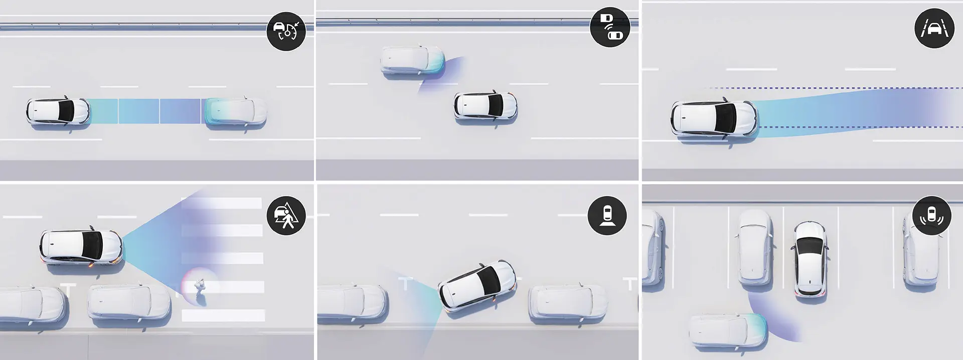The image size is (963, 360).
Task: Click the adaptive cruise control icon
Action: coord(286,31)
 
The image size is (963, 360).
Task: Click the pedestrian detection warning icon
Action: coord(286,216)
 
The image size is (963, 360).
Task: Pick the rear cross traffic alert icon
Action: coord(933,216)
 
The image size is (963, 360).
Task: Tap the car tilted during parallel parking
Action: coord(477,286)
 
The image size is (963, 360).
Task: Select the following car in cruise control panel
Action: coord(58,111)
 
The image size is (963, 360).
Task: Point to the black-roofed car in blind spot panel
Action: coord(485,106)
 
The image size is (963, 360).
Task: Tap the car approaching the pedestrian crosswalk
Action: coord(81,245)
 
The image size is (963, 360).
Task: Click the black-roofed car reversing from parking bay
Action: coord(810,258)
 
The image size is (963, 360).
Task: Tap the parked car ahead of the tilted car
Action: coord(567,303)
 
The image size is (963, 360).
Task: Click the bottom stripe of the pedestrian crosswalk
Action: coord(223,315)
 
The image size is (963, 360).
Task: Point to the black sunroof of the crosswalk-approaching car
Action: coord(94,245)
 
